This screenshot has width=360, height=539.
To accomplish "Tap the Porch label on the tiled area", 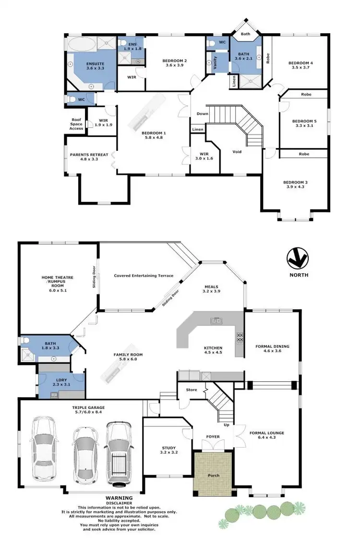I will click(213, 476).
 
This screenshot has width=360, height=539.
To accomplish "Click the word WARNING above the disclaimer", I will click(116, 498).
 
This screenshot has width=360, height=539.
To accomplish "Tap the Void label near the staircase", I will click(237, 152).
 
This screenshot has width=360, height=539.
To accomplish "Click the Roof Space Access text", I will click(77, 125).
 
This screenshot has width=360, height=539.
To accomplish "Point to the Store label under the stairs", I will click(192, 390).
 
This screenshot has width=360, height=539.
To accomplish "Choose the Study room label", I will click(168, 450).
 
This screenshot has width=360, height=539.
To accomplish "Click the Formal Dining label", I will click(273, 348).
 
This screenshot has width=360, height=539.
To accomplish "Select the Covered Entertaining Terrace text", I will click(144, 276).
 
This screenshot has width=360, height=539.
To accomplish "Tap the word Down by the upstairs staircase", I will click(202, 114).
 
